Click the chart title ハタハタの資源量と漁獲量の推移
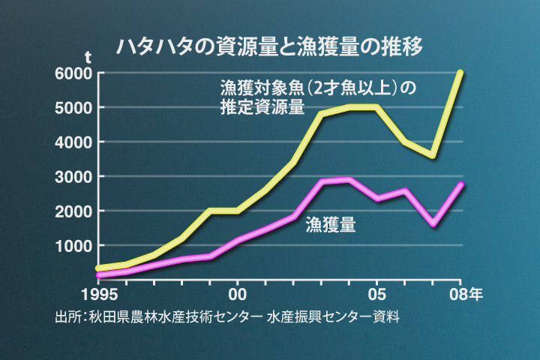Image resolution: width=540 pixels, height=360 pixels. pyautogui.click(x=270, y=46)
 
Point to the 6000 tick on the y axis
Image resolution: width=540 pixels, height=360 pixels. pyautogui.click(x=73, y=73)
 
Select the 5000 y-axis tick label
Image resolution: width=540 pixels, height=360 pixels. pyautogui.click(x=73, y=108)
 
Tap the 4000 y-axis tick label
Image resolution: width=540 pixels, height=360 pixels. pyautogui.click(x=73, y=142)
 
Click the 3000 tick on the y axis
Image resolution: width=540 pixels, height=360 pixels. pyautogui.click(x=73, y=177)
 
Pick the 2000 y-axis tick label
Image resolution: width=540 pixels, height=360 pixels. pyautogui.click(x=73, y=211)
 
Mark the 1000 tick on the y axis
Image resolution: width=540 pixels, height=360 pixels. pyautogui.click(x=73, y=246)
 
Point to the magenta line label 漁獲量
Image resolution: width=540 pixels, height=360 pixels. pyautogui.click(x=331, y=224)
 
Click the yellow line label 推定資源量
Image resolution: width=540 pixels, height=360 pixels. pyautogui.click(x=262, y=107)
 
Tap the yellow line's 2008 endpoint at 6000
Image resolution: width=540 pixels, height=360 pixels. pyautogui.click(x=460, y=73)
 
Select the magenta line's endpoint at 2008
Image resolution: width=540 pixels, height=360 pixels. pyautogui.click(x=460, y=184)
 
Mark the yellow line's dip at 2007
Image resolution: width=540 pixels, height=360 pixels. pyautogui.click(x=433, y=154)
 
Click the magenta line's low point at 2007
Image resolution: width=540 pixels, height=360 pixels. pyautogui.click(x=433, y=224)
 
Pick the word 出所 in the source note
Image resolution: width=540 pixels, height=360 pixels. pyautogui.click(x=67, y=316)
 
